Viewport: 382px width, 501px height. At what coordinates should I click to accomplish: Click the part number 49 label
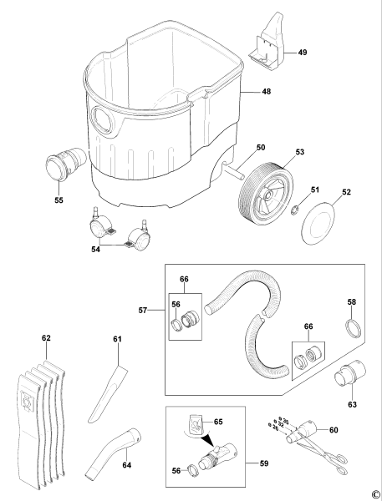click(x=303, y=52)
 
